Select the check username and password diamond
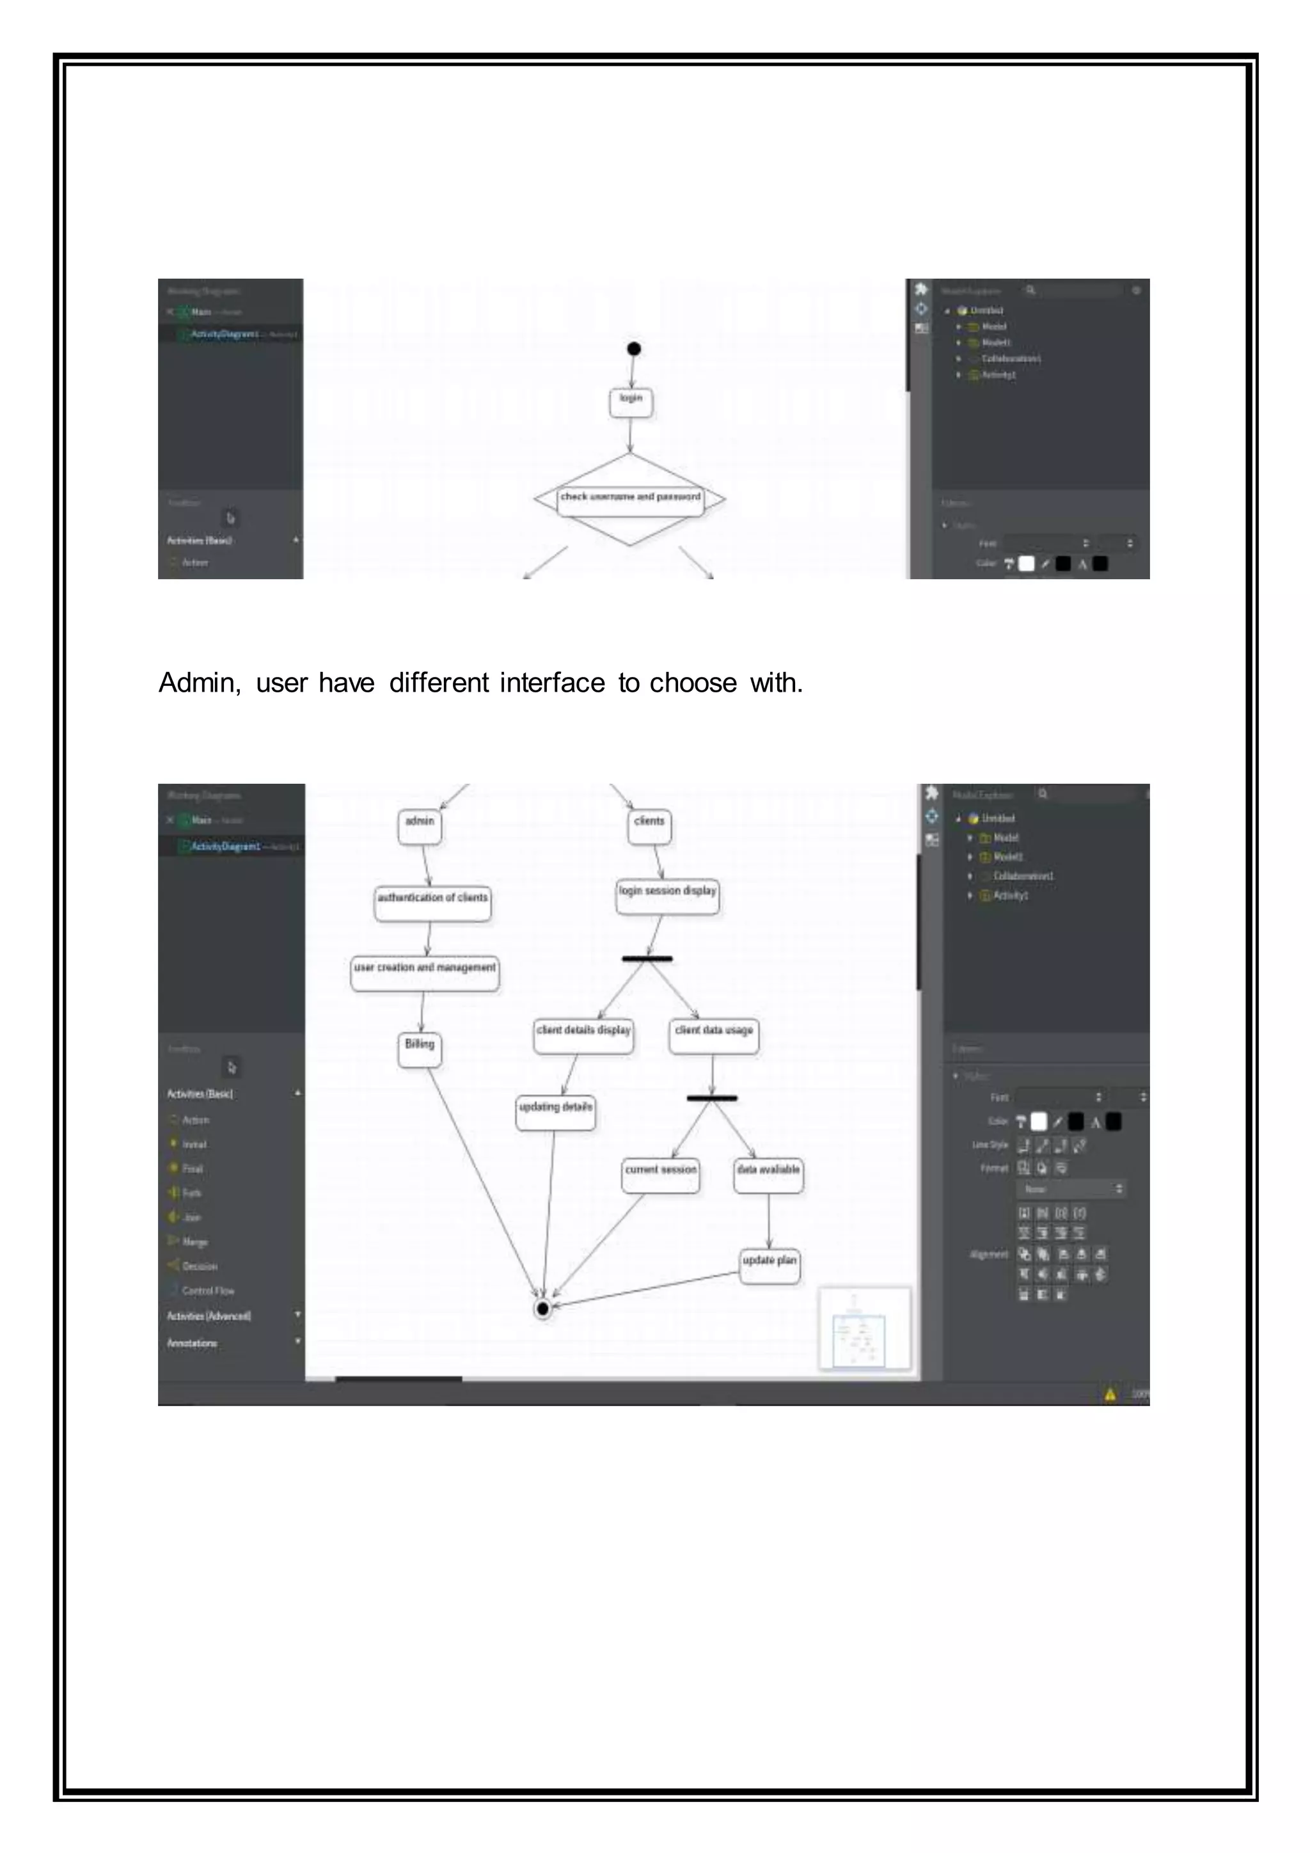tap(630, 498)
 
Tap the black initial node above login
tap(634, 349)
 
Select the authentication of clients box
tap(432, 903)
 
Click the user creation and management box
tap(425, 973)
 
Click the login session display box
tap(667, 896)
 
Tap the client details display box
tap(583, 1035)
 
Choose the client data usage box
tap(714, 1035)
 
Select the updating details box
tap(556, 1112)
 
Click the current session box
tap(661, 1175)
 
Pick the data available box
tap(768, 1175)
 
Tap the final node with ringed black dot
tap(543, 1308)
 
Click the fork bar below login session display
tap(647, 958)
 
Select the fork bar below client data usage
tap(713, 1099)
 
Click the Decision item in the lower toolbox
tap(199, 1266)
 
